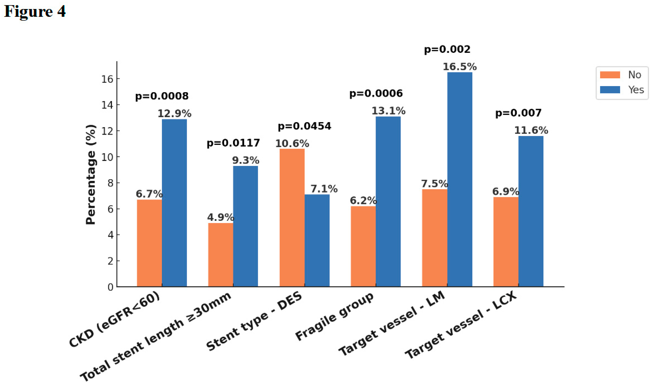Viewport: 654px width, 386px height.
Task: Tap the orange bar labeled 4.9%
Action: [220, 255]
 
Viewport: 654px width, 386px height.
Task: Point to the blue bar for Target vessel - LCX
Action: [531, 211]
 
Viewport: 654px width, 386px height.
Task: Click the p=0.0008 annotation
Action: [162, 96]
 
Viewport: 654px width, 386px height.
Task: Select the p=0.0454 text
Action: [304, 126]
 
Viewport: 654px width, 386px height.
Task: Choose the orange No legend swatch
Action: [610, 75]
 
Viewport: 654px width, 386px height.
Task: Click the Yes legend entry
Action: [636, 90]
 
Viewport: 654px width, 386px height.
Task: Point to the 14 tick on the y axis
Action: [107, 105]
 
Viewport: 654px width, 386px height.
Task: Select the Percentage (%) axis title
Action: [91, 174]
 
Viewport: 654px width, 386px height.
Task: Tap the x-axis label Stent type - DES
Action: [254, 321]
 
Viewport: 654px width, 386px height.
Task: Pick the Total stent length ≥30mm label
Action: [156, 337]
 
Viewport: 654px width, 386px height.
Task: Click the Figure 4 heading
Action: [35, 11]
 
